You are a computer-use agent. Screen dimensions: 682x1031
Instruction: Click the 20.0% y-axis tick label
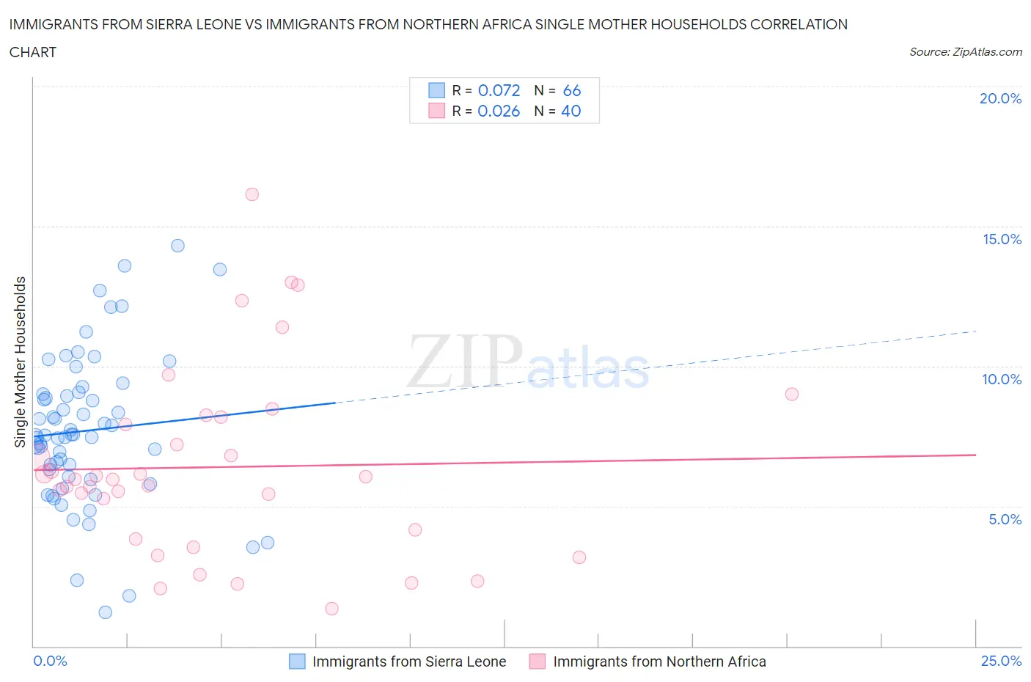[x=1000, y=98]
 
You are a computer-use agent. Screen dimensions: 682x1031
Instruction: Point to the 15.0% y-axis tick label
[x=1002, y=239]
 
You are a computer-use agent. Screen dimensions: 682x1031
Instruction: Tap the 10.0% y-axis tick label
[x=1002, y=379]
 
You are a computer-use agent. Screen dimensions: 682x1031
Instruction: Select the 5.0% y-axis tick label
[x=1005, y=519]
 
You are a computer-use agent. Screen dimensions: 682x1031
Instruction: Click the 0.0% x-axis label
[x=50, y=661]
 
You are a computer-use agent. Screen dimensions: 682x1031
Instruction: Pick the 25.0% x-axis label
[x=1001, y=661]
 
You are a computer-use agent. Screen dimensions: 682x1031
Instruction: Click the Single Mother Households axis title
[x=21, y=362]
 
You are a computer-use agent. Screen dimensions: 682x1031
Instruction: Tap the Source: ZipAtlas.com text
[x=965, y=51]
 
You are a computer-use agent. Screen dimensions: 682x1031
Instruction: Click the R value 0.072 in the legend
[x=499, y=90]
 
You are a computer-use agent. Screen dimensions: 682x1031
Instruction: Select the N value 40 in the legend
[x=570, y=111]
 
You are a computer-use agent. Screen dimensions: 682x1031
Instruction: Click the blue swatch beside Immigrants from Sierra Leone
[x=297, y=661]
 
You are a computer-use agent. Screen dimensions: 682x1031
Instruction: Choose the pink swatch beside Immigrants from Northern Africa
[x=537, y=661]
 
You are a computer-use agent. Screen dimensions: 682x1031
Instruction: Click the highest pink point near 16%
[x=252, y=194]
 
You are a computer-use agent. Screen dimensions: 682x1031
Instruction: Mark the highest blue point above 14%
[x=177, y=246]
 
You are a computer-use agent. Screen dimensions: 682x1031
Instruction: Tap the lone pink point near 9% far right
[x=791, y=394]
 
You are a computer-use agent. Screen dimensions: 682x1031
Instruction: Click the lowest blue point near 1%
[x=106, y=612]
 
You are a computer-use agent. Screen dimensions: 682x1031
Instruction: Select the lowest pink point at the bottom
[x=331, y=609]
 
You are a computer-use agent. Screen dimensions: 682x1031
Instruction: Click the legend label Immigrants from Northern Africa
[x=659, y=661]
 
